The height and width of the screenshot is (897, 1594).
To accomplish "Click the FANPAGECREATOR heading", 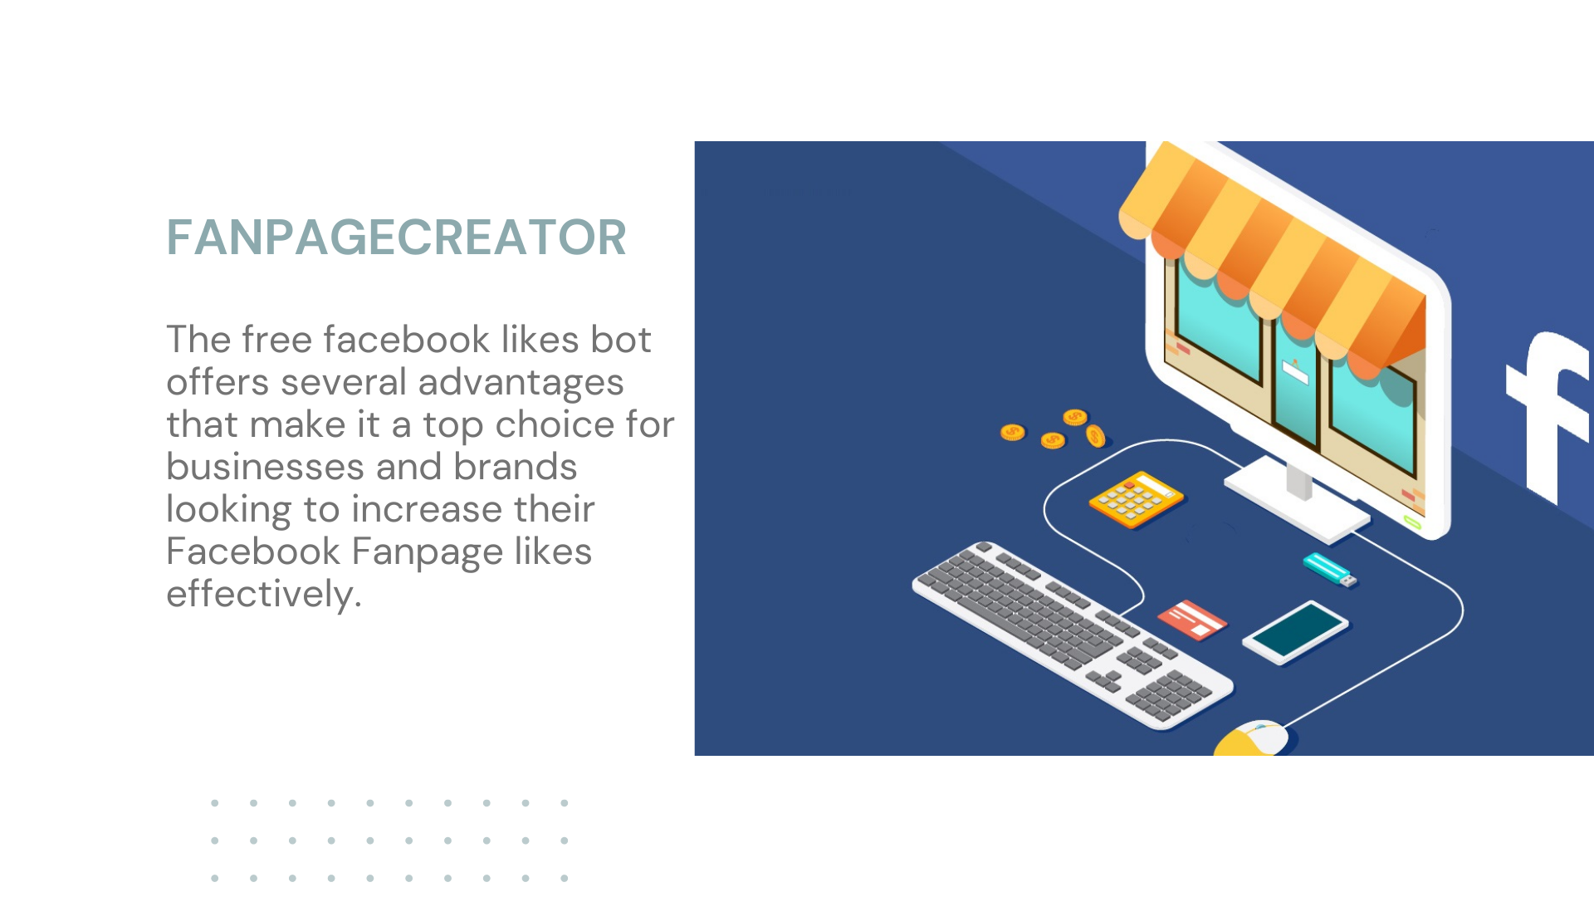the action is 396,238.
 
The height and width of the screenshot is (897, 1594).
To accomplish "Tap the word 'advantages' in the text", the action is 521,384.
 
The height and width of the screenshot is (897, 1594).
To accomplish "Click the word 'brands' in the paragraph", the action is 515,467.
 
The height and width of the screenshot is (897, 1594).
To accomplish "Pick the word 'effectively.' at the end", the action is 264,595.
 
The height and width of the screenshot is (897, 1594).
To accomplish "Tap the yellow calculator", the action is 1137,499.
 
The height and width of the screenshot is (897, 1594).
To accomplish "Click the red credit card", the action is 1192,620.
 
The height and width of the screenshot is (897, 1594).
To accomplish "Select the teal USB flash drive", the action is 1329,570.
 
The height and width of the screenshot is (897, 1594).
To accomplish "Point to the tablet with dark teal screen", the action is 1295,632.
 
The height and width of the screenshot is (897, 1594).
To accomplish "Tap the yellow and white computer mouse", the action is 1252,738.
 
